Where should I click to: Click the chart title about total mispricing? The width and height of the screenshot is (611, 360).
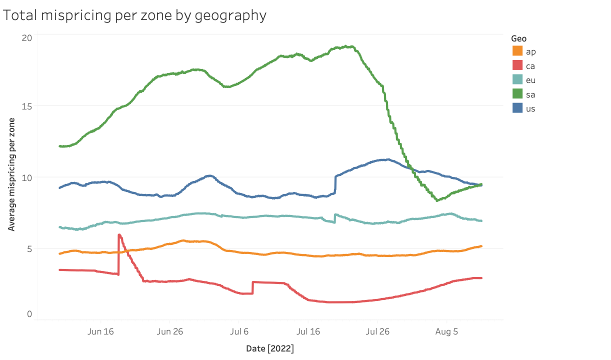134,15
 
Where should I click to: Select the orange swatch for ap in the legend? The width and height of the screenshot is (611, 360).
517,51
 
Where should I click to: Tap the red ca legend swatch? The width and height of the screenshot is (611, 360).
517,65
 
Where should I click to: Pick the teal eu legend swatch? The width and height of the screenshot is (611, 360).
517,79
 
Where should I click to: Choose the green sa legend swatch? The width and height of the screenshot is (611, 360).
517,93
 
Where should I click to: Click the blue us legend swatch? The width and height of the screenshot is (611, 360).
517,108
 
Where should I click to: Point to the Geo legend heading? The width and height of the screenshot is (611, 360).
518,38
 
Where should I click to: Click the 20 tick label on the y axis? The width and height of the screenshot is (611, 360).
27,38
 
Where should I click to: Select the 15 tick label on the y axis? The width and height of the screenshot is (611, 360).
27,106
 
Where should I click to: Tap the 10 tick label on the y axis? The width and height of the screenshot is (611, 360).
27,177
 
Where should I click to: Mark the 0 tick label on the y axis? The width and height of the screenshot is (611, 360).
29,314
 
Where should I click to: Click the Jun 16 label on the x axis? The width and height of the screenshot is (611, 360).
101,331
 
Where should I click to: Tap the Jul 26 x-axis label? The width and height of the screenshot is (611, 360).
377,331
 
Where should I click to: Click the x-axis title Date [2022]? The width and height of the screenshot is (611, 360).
270,348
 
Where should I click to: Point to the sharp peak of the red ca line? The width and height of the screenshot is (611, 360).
119,234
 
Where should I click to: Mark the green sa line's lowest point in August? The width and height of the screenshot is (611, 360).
437,200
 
